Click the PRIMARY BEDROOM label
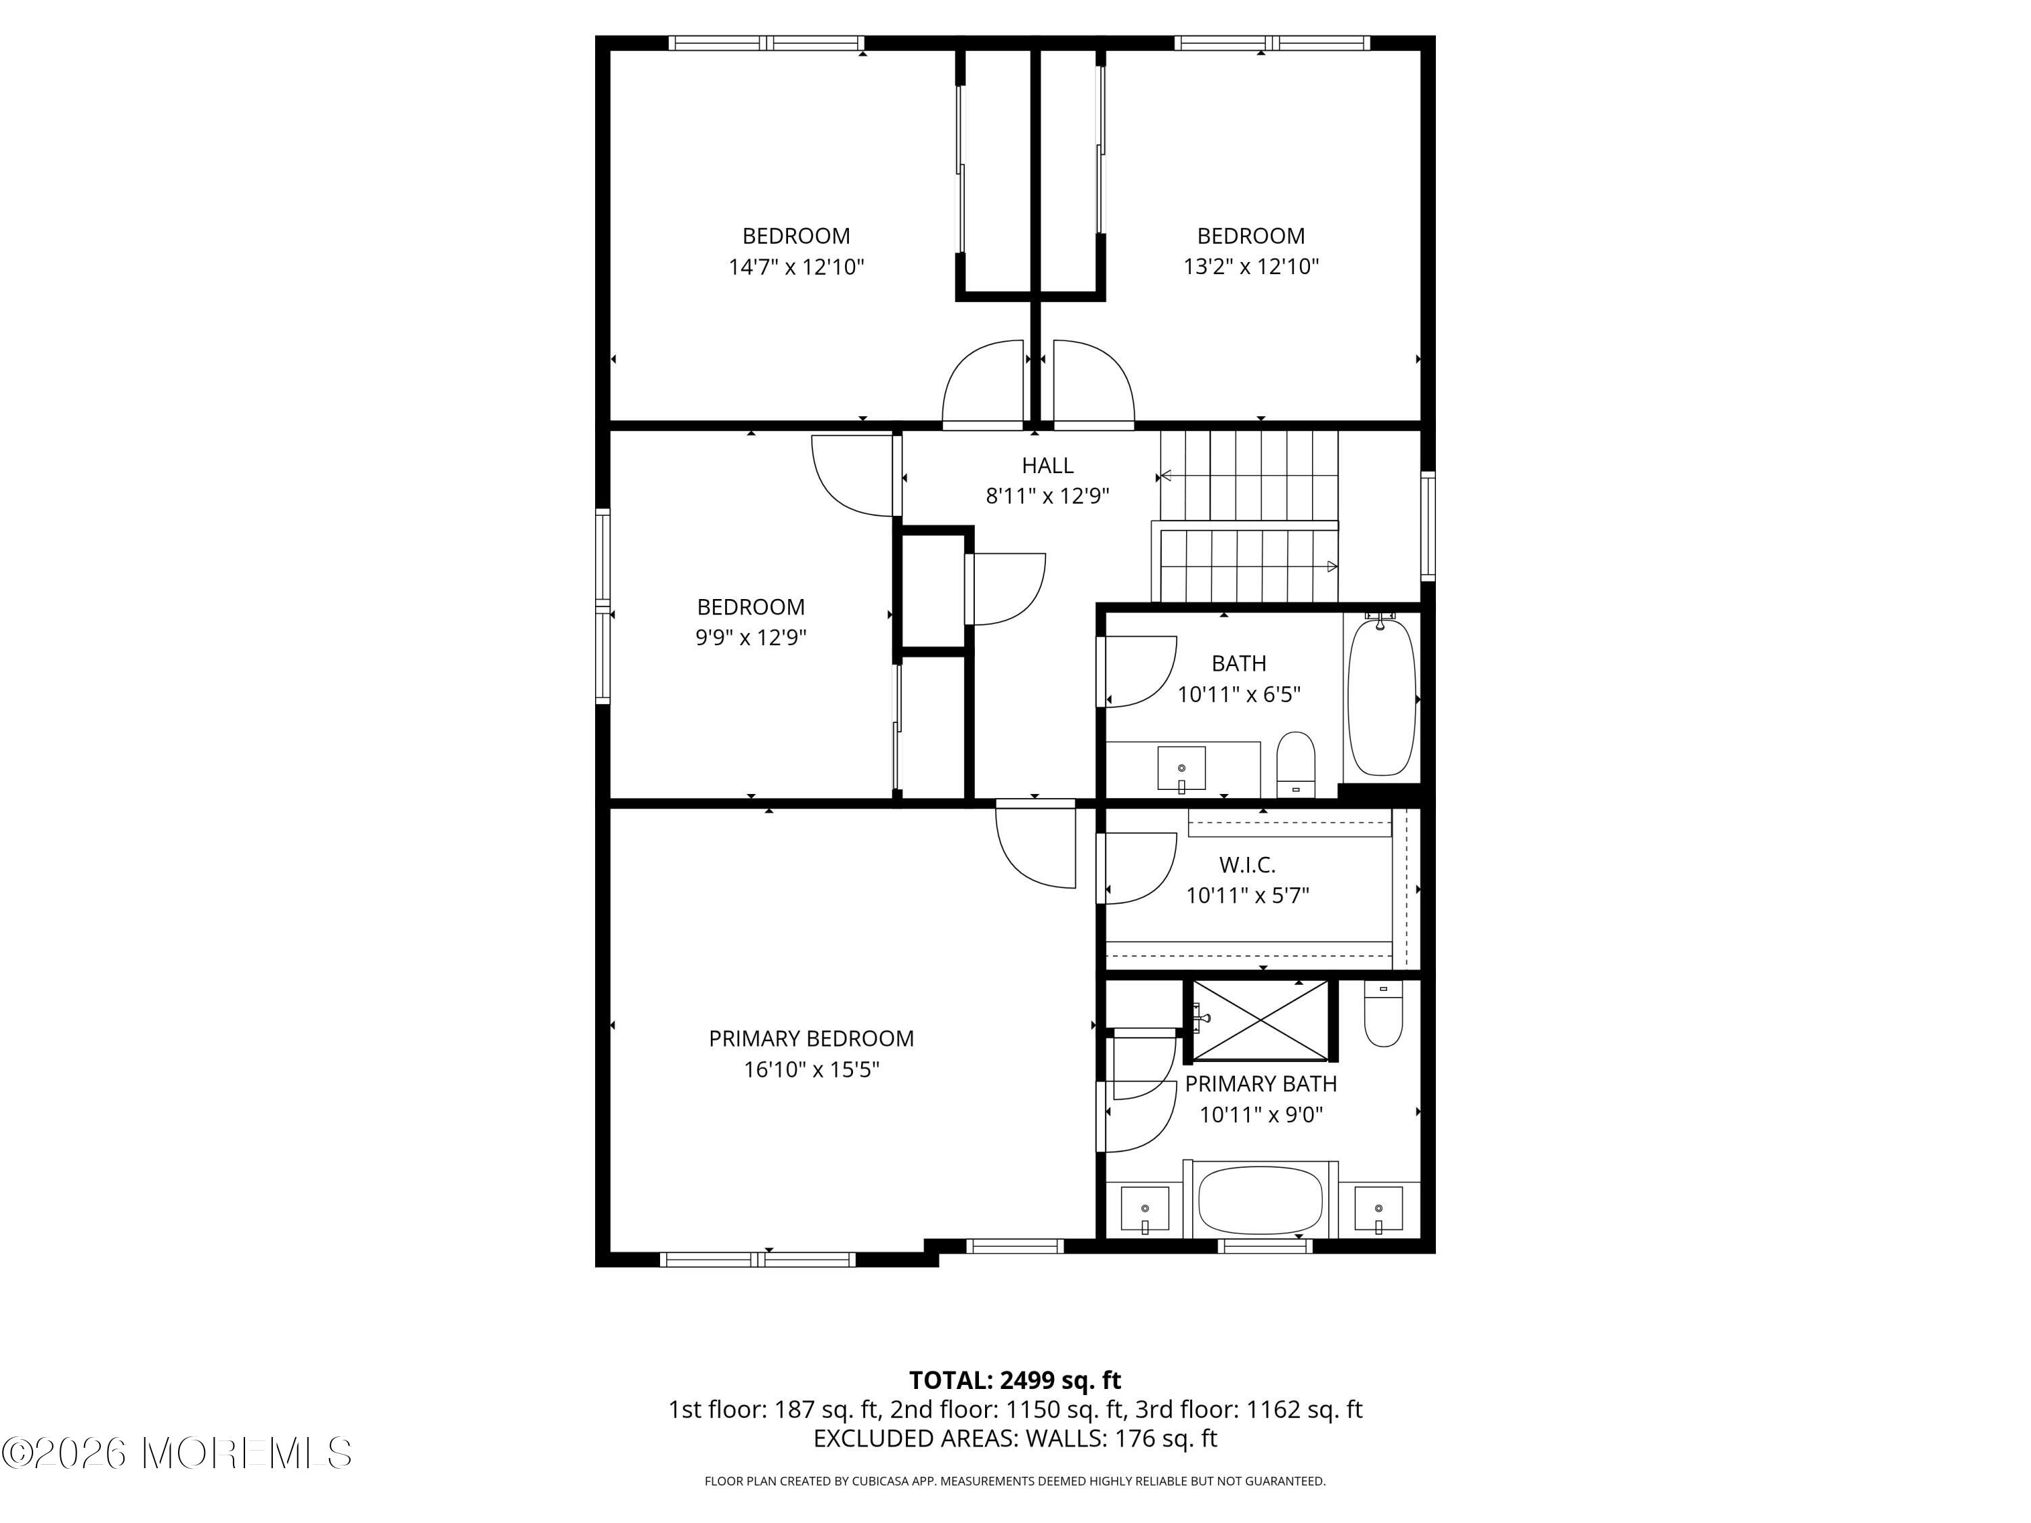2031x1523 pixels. (x=811, y=1038)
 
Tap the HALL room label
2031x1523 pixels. (x=1047, y=466)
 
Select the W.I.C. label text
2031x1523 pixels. (x=1247, y=864)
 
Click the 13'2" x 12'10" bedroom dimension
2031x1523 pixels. (x=1250, y=266)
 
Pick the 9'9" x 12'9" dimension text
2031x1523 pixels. (x=750, y=637)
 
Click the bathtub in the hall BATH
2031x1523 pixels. (x=1381, y=696)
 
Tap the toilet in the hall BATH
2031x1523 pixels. (x=1296, y=764)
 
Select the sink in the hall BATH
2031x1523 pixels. (x=1181, y=768)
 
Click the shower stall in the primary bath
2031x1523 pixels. (x=1261, y=1020)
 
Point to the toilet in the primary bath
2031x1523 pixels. (x=1382, y=1013)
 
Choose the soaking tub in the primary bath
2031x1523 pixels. (x=1261, y=1201)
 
